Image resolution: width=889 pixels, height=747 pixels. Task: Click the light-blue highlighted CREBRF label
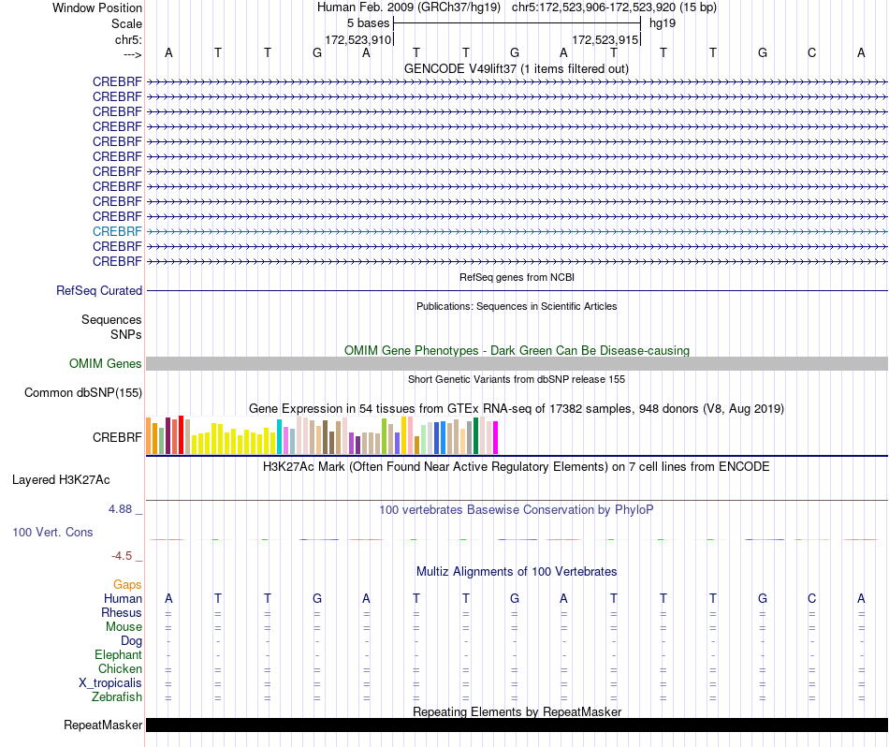click(117, 231)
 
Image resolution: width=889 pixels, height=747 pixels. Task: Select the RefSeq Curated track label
click(98, 290)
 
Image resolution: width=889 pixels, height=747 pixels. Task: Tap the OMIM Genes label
click(105, 363)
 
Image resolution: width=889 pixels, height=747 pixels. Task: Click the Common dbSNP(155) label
click(82, 392)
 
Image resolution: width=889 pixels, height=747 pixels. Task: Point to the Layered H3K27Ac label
click(61, 480)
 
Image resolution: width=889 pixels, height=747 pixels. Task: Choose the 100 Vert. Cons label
click(52, 532)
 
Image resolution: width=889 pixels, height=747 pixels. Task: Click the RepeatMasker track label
click(103, 725)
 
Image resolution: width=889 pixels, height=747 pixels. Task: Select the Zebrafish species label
click(117, 696)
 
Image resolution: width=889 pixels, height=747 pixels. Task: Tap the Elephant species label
click(118, 654)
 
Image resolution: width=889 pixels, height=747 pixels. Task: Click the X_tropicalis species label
click(110, 682)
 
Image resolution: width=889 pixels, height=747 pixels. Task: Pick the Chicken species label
click(120, 668)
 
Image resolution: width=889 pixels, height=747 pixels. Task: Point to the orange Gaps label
click(127, 584)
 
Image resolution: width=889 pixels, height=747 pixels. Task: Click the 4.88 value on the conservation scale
click(120, 509)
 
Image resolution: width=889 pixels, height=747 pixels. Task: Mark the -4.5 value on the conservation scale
click(122, 556)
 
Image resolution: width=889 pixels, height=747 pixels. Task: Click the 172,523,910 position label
click(357, 39)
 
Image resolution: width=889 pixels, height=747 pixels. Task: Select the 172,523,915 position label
click(605, 39)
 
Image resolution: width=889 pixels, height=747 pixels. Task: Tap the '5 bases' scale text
click(369, 23)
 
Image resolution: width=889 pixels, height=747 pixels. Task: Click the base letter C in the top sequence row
click(812, 52)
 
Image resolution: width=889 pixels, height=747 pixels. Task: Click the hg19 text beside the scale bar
click(663, 23)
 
